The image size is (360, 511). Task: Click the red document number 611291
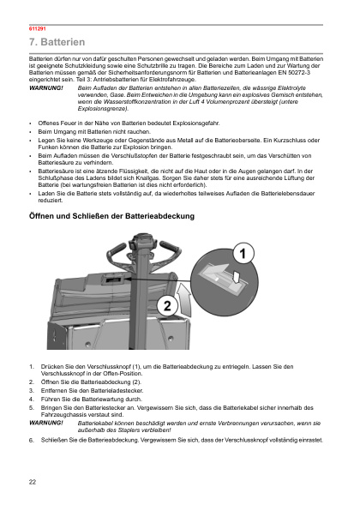pyautogui.click(x=38, y=28)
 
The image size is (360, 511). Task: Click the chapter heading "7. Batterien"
pyautogui.click(x=57, y=42)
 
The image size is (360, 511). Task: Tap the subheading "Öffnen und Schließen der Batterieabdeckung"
pyautogui.click(x=111, y=216)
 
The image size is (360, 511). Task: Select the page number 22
pyautogui.click(x=33, y=482)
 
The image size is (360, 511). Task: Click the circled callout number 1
pyautogui.click(x=243, y=254)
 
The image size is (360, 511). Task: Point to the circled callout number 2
pyautogui.click(x=167, y=306)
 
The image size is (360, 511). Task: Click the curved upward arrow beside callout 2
pyautogui.click(x=185, y=300)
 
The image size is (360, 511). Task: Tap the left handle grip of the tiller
pyautogui.click(x=117, y=250)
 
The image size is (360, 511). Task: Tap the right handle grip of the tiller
pyautogui.click(x=170, y=248)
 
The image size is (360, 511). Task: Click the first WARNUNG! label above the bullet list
pyautogui.click(x=46, y=88)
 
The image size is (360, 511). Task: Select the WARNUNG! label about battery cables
pyautogui.click(x=46, y=423)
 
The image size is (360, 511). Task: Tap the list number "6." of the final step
pyautogui.click(x=32, y=441)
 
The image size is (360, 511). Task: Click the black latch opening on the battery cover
pyautogui.click(x=113, y=280)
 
